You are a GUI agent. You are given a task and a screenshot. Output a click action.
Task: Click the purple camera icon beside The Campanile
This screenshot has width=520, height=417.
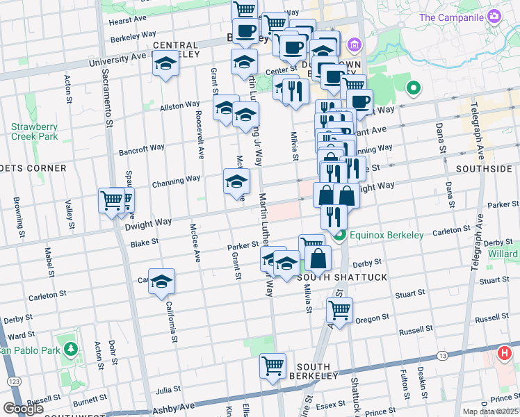(x=494, y=16)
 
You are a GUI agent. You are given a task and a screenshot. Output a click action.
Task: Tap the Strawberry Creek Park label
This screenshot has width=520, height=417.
(x=34, y=131)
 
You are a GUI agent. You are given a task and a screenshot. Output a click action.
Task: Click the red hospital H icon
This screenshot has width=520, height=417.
(x=505, y=353)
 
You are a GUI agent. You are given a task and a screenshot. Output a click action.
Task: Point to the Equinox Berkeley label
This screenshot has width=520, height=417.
(x=387, y=235)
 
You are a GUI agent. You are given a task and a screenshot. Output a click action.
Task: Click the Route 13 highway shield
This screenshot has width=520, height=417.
(x=441, y=356)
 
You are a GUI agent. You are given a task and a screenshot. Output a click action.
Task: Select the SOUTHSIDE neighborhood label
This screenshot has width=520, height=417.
(x=484, y=169)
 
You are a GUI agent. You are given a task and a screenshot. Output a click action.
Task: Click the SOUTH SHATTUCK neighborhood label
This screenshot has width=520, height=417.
(x=332, y=277)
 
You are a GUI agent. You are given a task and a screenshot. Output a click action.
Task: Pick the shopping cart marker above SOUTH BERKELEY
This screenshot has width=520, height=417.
(x=273, y=365)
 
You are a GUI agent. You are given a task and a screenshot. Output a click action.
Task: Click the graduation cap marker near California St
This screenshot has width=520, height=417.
(x=161, y=281)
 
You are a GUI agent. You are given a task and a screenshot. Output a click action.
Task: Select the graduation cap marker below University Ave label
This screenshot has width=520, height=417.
(x=165, y=65)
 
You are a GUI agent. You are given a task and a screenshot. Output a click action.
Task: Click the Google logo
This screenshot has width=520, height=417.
(x=22, y=409)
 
